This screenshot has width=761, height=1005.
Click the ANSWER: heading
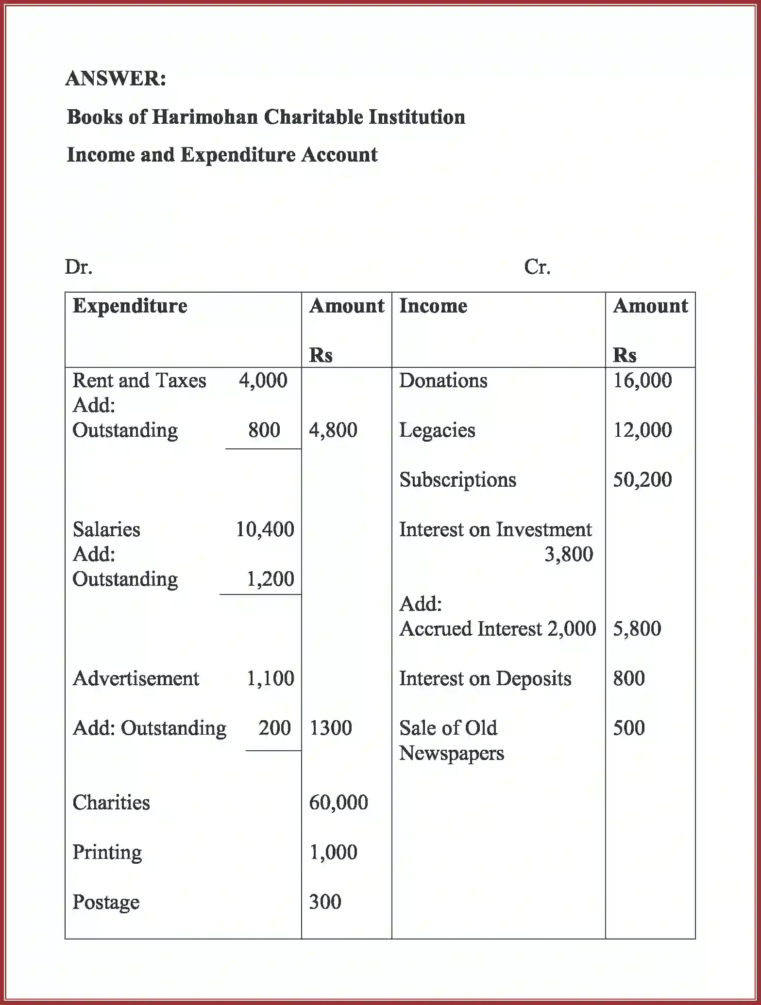[x=116, y=78]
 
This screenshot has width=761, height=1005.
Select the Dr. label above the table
[x=79, y=267]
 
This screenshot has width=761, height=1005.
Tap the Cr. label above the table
[x=537, y=267]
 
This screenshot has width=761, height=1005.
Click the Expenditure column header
[x=130, y=306]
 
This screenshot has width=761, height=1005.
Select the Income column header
[x=433, y=306]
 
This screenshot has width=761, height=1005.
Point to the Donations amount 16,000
[x=642, y=380]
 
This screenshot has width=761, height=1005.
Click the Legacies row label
[x=437, y=430]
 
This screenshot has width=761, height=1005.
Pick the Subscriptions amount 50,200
[x=642, y=479]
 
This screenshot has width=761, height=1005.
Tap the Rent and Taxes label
[x=139, y=380]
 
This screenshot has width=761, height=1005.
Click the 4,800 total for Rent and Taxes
[x=333, y=430]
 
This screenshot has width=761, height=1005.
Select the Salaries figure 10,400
[x=265, y=529]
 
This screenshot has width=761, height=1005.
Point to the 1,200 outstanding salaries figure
[x=270, y=579]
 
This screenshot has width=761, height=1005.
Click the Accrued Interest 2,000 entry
[x=497, y=629]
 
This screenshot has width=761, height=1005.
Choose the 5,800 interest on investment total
[x=637, y=629]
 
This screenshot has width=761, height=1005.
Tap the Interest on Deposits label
[x=485, y=678]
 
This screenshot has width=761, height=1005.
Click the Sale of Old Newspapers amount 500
[x=628, y=728]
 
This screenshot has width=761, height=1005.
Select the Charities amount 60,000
[x=338, y=803]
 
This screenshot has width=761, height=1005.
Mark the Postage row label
[x=106, y=902]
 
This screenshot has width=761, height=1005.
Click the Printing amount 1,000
[x=333, y=852]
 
